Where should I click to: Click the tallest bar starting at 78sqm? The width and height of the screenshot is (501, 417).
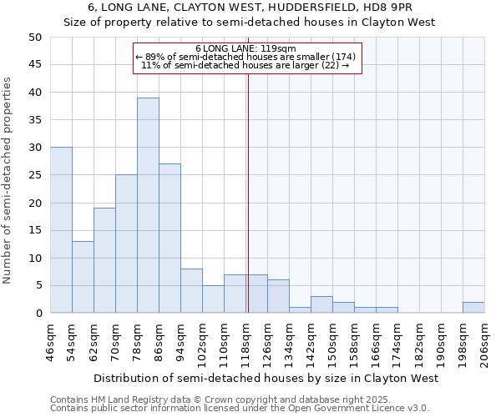pyautogui.click(x=148, y=205)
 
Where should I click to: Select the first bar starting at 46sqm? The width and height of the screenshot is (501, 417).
pyautogui.click(x=61, y=230)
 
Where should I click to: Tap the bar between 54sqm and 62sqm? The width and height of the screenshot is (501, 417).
pyautogui.click(x=83, y=277)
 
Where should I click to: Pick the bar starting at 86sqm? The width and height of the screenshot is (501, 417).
pyautogui.click(x=170, y=239)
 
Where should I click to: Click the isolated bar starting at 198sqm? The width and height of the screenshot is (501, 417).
pyautogui.click(x=473, y=308)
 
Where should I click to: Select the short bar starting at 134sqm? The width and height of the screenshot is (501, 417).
pyautogui.click(x=300, y=310)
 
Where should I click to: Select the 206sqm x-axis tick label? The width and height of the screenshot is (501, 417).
pyautogui.click(x=484, y=343)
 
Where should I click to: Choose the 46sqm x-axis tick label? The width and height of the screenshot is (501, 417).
pyautogui.click(x=50, y=343)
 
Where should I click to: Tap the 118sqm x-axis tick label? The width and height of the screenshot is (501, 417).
pyautogui.click(x=245, y=343)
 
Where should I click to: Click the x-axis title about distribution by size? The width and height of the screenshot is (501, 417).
pyautogui.click(x=266, y=379)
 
